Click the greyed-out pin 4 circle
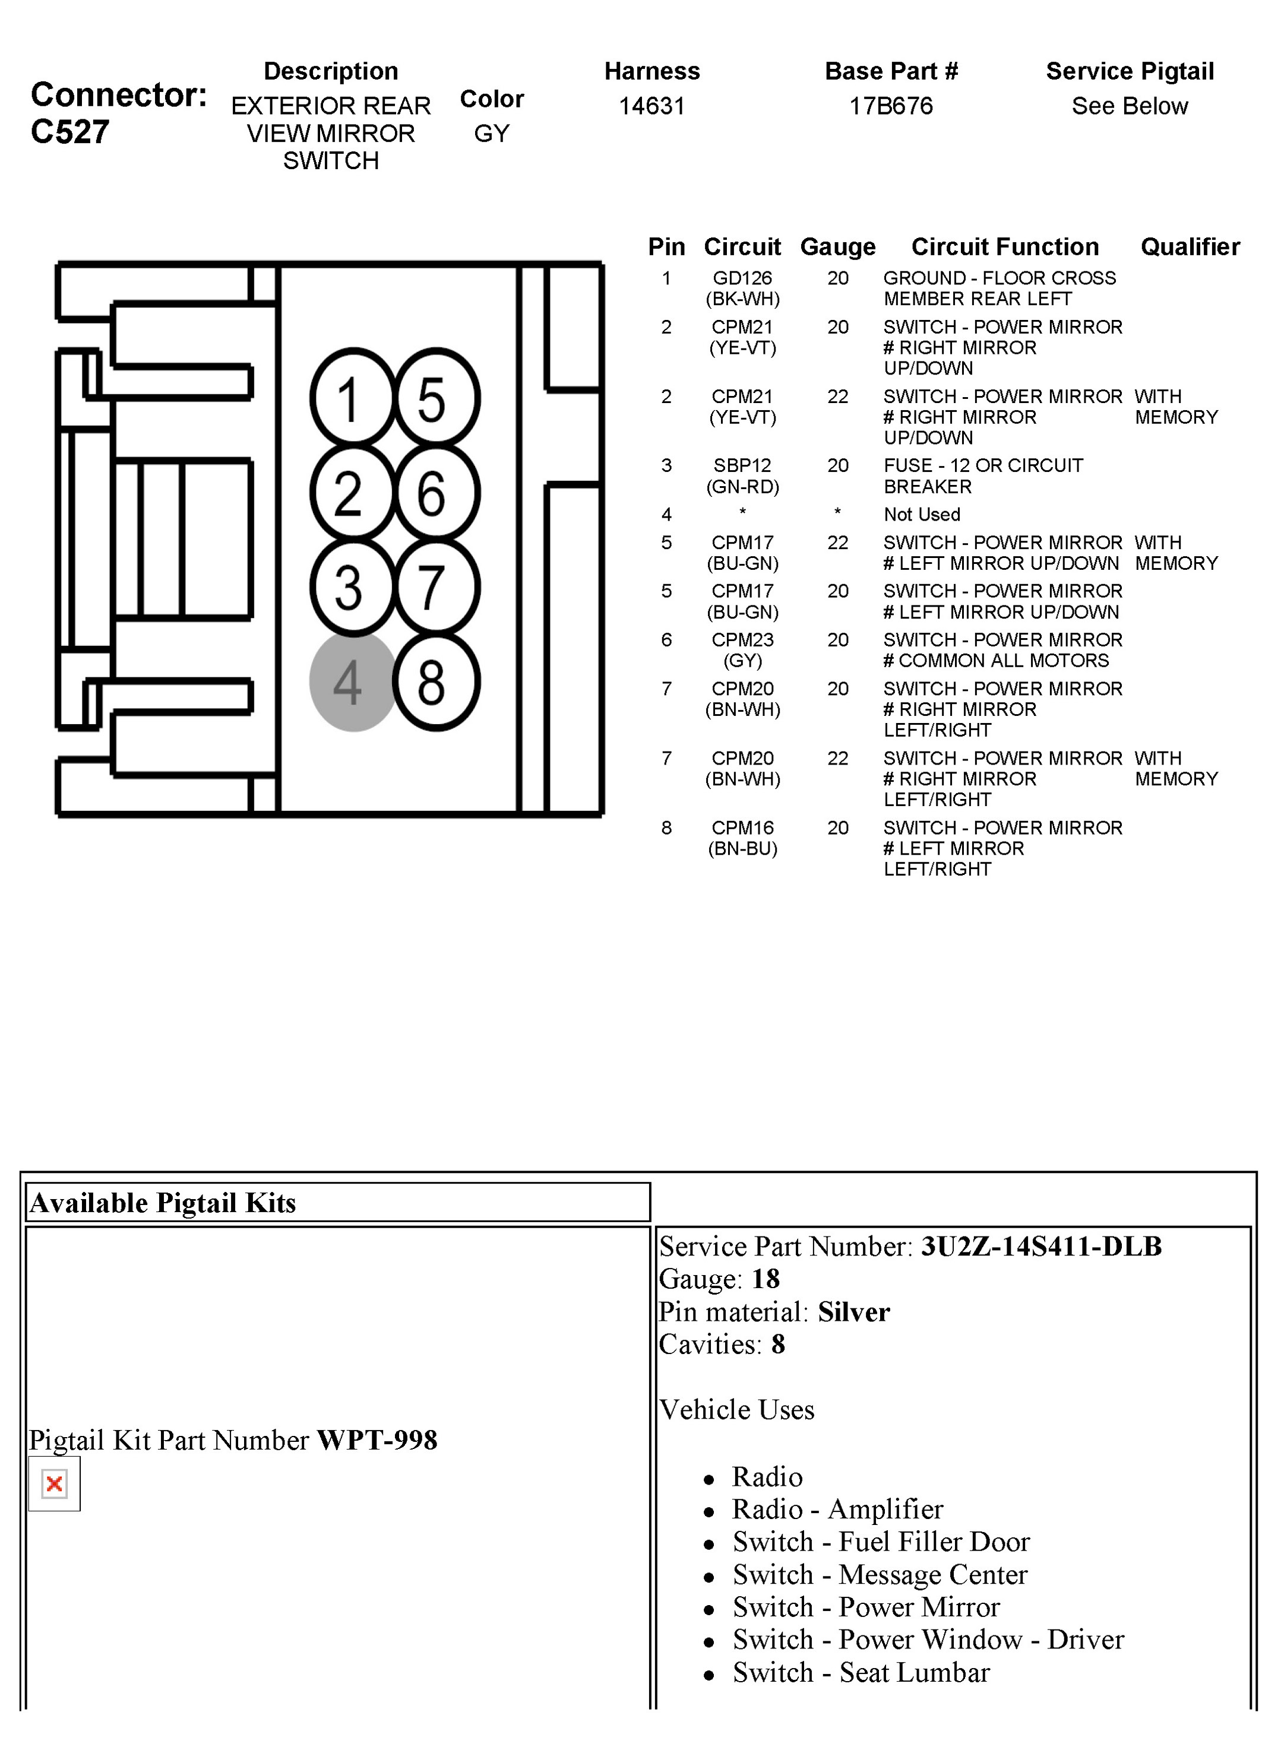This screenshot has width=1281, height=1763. (352, 681)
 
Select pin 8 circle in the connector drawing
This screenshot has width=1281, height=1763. (435, 681)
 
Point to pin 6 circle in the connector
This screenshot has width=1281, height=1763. (435, 493)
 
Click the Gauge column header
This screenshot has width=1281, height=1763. (837, 246)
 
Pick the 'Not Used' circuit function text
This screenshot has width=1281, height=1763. (922, 515)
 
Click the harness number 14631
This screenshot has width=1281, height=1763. (651, 106)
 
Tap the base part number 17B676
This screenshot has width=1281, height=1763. (891, 106)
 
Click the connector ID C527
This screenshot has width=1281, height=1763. (70, 132)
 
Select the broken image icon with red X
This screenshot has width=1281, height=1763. (55, 1484)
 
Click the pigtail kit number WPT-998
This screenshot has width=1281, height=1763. (377, 1441)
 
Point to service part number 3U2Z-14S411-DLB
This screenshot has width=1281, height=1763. (1040, 1247)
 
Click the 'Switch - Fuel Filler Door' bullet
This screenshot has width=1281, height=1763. (881, 1542)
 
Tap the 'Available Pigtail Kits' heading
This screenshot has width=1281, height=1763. (163, 1203)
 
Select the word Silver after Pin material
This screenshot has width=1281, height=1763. (853, 1312)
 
